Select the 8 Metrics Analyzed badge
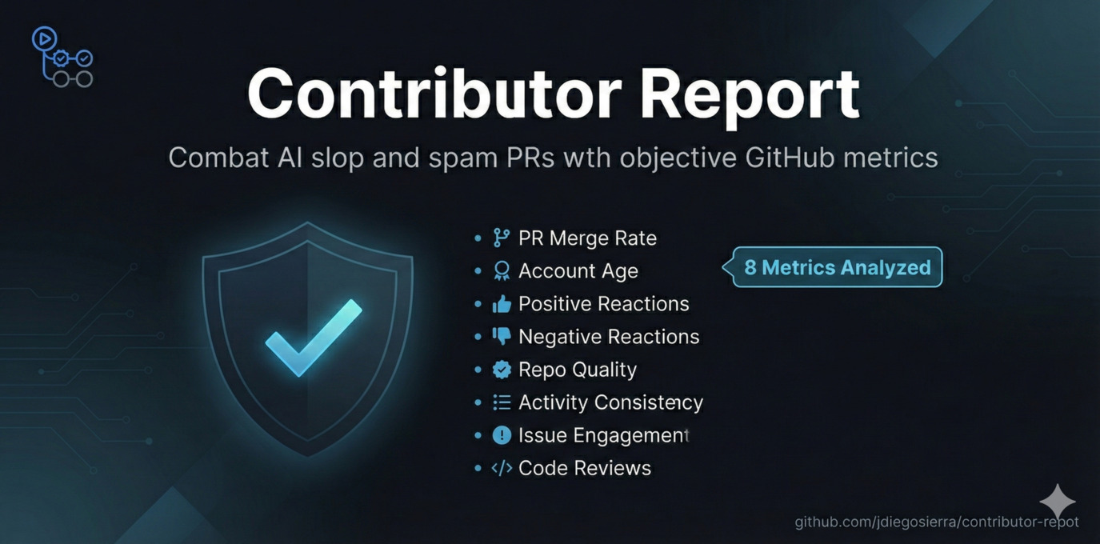tap(837, 267)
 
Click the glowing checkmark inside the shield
tap(313, 337)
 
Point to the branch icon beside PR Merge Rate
tap(502, 238)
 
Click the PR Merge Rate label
tap(587, 238)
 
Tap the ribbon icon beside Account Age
tap(502, 271)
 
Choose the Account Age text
tap(578, 271)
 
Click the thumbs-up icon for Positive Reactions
tap(502, 304)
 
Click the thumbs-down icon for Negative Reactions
tap(502, 337)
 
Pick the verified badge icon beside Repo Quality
tap(502, 370)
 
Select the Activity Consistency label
tap(610, 402)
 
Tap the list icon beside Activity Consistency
tap(502, 402)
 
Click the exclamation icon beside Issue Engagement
tap(502, 435)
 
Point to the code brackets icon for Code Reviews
tap(502, 468)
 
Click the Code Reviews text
tap(585, 468)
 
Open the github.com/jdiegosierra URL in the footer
tap(936, 522)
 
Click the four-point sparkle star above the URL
tap(1058, 502)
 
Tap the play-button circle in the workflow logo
tap(43, 38)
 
